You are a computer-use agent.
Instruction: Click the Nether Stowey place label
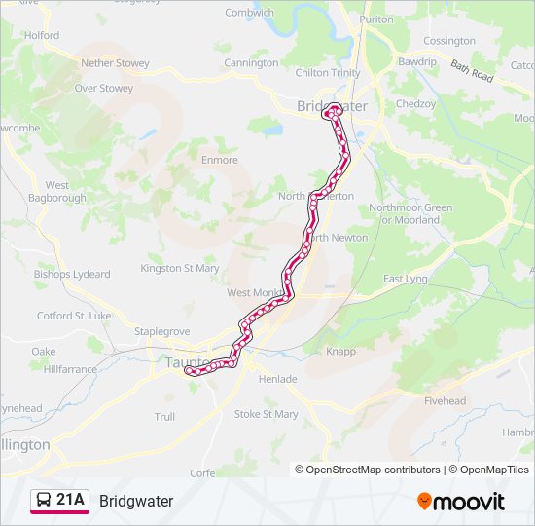click(x=115, y=63)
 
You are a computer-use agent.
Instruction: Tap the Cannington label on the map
click(x=251, y=63)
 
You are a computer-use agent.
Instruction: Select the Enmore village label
click(x=219, y=160)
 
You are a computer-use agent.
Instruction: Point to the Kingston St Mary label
click(x=180, y=268)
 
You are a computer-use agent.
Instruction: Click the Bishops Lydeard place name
click(x=72, y=275)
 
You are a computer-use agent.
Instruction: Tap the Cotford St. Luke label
click(x=74, y=316)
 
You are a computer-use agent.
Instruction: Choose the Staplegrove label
click(x=160, y=331)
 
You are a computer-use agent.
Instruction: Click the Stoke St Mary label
click(x=266, y=414)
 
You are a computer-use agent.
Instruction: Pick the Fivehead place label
click(x=445, y=400)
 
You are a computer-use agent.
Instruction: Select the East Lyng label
click(x=405, y=279)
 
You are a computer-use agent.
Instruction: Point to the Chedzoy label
click(x=415, y=103)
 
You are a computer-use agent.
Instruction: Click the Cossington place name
click(x=449, y=41)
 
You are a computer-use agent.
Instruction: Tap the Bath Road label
click(x=473, y=70)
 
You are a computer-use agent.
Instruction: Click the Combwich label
click(x=250, y=13)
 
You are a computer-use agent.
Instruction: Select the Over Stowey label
click(x=104, y=88)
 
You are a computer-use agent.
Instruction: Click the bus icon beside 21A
click(x=44, y=501)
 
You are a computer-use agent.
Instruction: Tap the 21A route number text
click(x=71, y=501)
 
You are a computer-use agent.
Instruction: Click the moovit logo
click(x=461, y=502)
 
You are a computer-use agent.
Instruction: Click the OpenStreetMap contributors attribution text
click(x=374, y=470)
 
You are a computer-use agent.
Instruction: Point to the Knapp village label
click(x=342, y=352)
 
